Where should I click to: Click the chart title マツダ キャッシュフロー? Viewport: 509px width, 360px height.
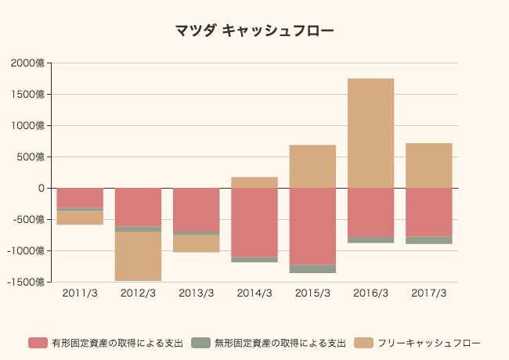254,31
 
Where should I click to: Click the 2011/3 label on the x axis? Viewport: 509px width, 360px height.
80,293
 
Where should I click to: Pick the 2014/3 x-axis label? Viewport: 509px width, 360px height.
254,293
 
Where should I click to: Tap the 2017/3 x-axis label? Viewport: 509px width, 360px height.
429,293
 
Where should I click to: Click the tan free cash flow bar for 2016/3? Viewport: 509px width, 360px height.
370,133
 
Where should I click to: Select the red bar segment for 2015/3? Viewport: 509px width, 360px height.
312,226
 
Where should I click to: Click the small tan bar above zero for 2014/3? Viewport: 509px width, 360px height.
254,182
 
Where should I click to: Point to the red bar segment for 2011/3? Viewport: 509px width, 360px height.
80,197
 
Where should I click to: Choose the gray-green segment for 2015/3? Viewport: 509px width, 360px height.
312,268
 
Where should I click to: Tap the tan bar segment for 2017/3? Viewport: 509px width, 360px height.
429,165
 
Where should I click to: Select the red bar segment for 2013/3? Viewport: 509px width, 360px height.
197,210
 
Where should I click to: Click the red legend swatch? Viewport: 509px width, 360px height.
38,343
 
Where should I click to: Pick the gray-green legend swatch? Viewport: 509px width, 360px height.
200,343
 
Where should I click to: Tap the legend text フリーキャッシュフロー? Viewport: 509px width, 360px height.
428,343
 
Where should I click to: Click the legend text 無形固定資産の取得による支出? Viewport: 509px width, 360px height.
280,343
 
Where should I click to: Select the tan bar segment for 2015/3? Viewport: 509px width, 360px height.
312,166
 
